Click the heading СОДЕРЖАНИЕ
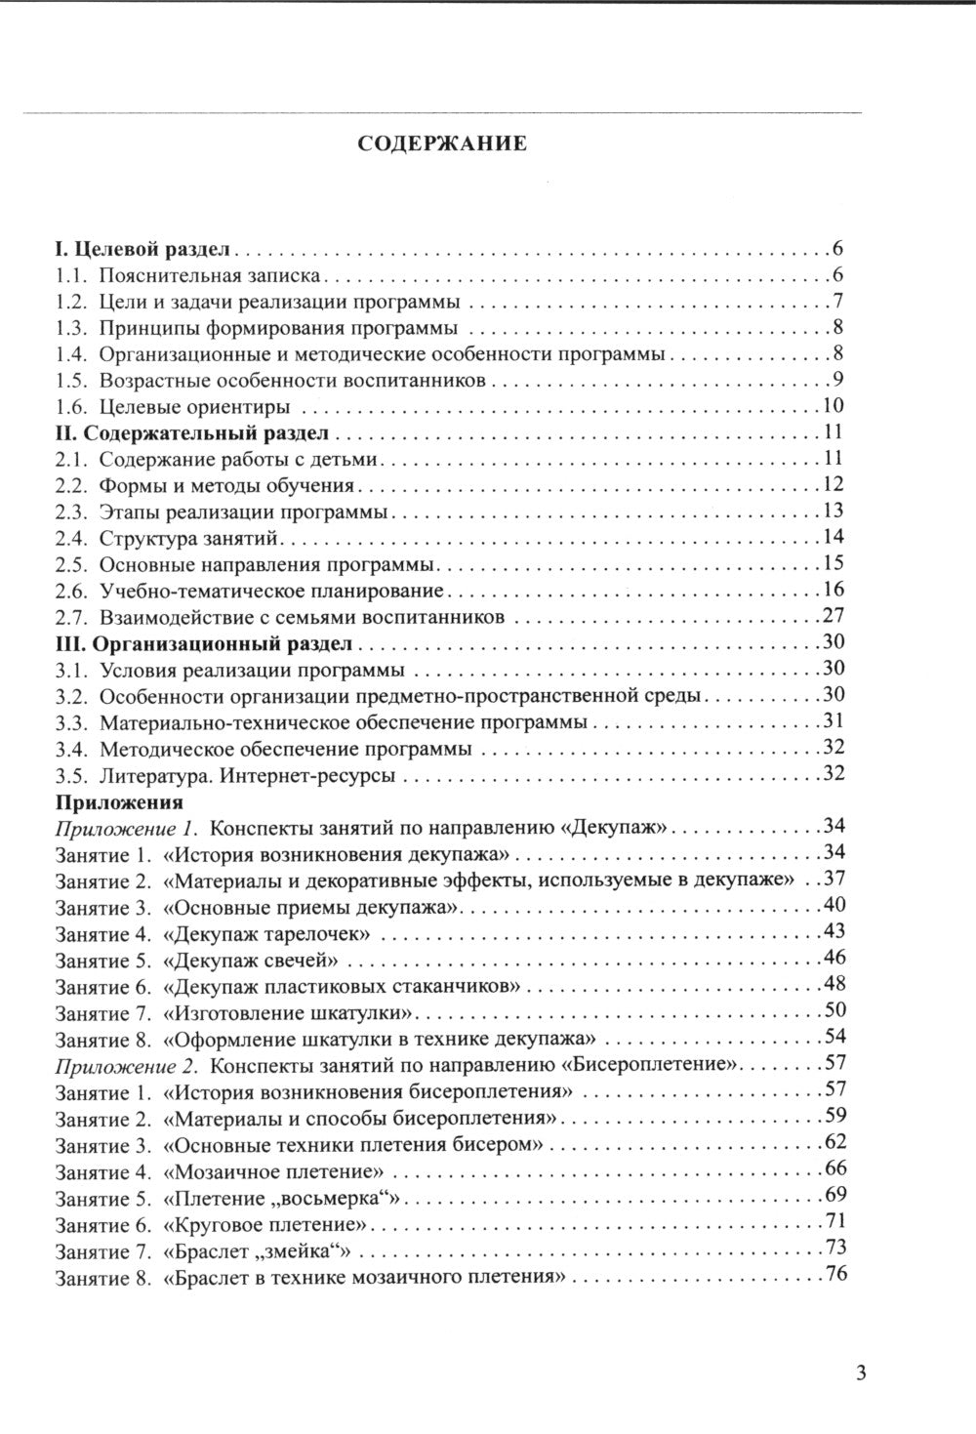tap(442, 144)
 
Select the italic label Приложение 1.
tap(128, 828)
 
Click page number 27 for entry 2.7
tap(834, 616)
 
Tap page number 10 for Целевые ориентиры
tap(834, 407)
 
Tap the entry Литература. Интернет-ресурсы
tap(247, 777)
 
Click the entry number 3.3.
tap(72, 723)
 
